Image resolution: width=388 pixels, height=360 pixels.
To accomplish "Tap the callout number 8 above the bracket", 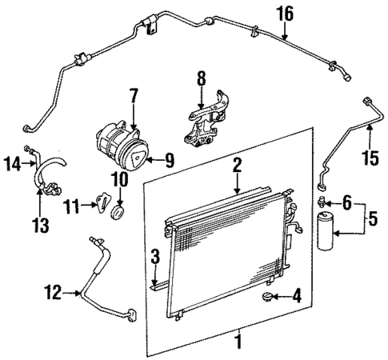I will point(202,79).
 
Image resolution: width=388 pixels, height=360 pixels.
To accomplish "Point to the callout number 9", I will point(169,160).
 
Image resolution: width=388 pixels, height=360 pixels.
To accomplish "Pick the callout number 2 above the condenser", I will point(237,166).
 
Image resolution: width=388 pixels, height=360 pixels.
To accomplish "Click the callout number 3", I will point(154,258).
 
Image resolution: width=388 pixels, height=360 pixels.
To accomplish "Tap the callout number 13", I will point(38,219).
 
